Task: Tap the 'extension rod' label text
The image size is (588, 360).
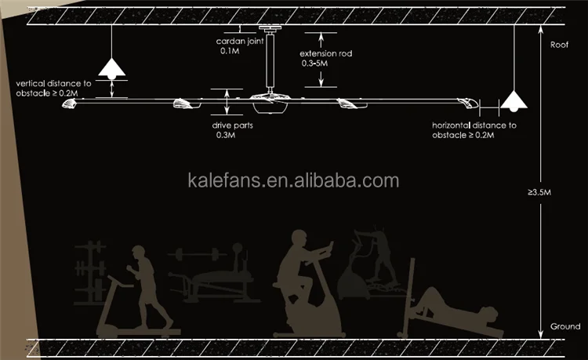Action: tap(324, 54)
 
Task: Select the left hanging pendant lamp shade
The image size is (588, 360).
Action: tap(113, 69)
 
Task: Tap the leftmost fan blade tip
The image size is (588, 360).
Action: tap(67, 104)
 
